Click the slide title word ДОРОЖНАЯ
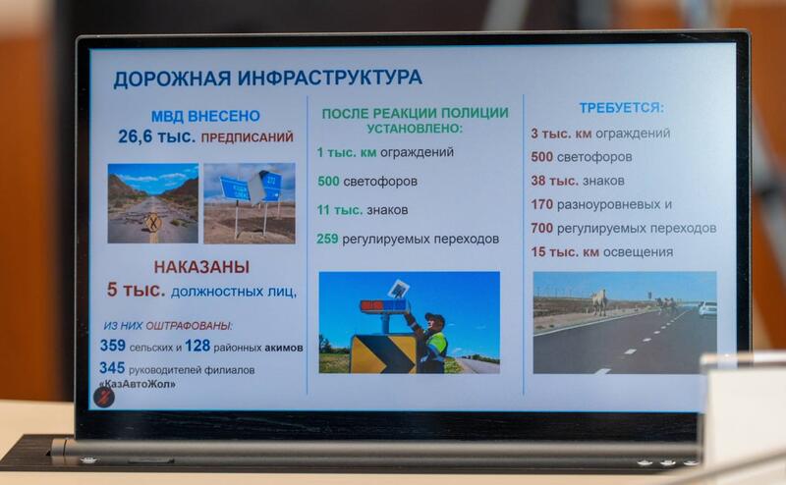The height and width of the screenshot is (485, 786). coord(172,79)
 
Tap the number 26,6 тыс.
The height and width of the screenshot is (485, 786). coord(157,136)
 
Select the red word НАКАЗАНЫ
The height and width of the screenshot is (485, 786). coord(201,267)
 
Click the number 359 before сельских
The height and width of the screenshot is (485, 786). coord(113,346)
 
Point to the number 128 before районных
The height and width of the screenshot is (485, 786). coord(197,346)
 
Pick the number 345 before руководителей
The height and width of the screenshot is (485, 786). coord(112,368)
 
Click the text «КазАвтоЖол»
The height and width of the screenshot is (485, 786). coord(138,384)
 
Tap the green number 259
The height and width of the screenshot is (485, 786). coord(327,239)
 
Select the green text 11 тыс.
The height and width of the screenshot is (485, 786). coord(339,210)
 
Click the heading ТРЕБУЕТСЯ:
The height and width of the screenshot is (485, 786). coord(622,108)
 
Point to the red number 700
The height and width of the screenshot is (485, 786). coord(542,229)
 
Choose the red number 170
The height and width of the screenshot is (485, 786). coord(542,204)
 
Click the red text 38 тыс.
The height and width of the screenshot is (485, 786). coord(554,181)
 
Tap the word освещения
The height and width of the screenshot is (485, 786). coord(638,252)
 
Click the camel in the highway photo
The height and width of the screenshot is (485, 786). coord(599,301)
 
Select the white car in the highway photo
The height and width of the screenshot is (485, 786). coord(707,309)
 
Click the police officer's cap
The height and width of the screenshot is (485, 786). coord(434,318)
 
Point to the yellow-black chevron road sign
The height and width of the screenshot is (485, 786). coord(383,354)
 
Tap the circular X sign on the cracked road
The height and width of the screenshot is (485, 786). coord(152,222)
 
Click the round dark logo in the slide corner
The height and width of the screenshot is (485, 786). coord(104,398)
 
